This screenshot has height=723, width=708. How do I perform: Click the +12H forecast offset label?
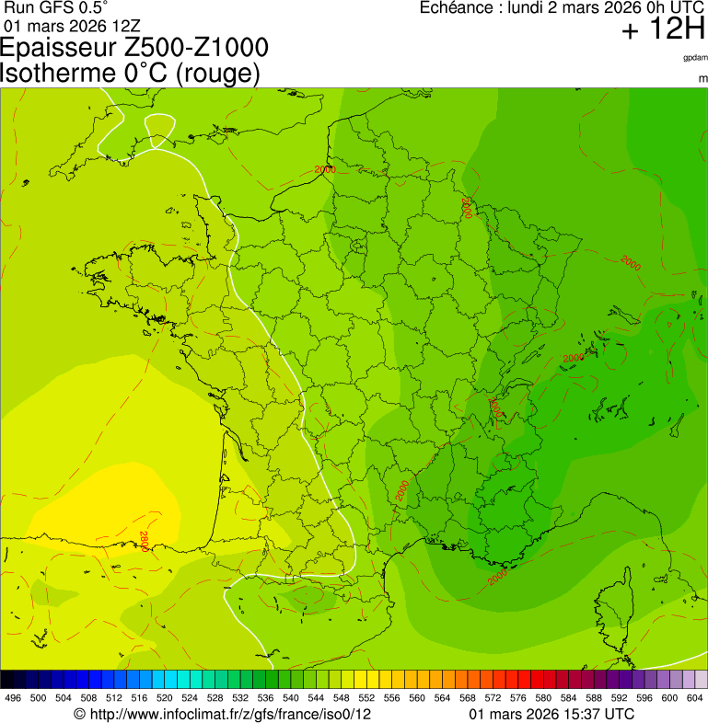point(663,29)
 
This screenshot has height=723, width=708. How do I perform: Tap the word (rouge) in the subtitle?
point(217,73)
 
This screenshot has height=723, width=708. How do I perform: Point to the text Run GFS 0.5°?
point(56,7)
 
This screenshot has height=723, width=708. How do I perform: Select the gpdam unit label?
point(695,57)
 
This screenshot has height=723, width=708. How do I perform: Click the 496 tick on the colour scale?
point(13,698)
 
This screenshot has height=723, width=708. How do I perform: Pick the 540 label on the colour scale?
point(290,698)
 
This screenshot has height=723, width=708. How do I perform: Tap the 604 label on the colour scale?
point(694,698)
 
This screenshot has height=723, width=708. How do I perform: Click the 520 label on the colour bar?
point(164,698)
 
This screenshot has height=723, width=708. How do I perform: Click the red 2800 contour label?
point(145,541)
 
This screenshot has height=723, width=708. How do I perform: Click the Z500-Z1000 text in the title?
point(202,48)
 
